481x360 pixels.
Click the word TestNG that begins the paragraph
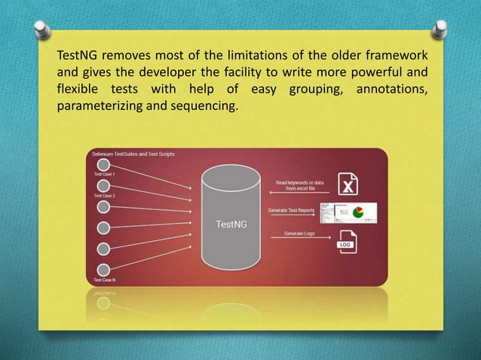tap(78, 58)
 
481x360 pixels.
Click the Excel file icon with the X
tap(347, 183)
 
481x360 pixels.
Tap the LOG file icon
tap(347, 243)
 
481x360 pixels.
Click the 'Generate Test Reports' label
tap(290, 209)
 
